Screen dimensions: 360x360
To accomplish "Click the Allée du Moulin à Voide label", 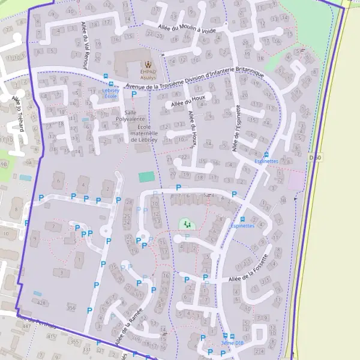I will (x=187, y=28).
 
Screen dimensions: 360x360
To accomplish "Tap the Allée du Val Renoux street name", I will (x=85, y=44).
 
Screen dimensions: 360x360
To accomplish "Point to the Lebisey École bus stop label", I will (x=110, y=93).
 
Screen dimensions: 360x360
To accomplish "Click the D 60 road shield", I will (x=315, y=158).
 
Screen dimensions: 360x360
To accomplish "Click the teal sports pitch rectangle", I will (x=146, y=177).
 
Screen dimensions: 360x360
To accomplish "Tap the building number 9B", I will (x=5, y=163).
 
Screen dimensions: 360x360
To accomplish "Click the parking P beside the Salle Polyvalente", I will (x=133, y=94).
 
